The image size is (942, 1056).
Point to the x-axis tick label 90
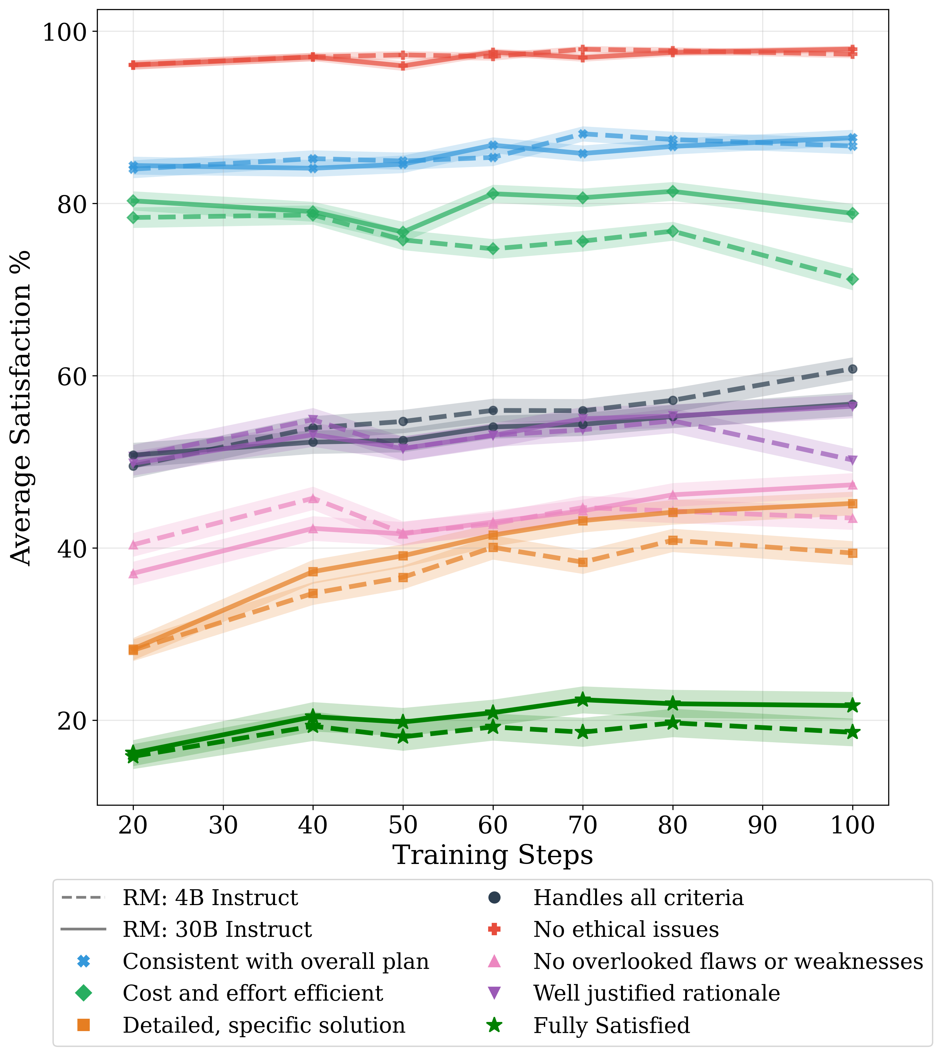[763, 825]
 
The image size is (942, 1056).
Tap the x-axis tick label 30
[223, 825]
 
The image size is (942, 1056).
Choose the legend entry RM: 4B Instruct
[210, 898]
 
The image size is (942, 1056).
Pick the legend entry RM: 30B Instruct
[217, 930]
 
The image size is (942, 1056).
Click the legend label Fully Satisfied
[611, 1026]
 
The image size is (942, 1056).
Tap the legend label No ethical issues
[626, 930]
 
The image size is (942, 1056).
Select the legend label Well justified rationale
[656, 994]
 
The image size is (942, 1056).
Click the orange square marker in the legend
[83, 1026]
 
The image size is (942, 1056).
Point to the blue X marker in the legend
[83, 962]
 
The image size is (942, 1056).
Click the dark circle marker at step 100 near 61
[853, 369]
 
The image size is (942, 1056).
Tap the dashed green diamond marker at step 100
[853, 279]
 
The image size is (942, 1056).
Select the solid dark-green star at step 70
[583, 700]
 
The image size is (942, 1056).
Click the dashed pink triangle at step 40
[313, 499]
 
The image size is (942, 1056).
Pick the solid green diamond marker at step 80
[673, 191]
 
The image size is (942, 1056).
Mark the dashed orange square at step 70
[583, 562]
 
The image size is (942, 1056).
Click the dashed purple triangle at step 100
[853, 460]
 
